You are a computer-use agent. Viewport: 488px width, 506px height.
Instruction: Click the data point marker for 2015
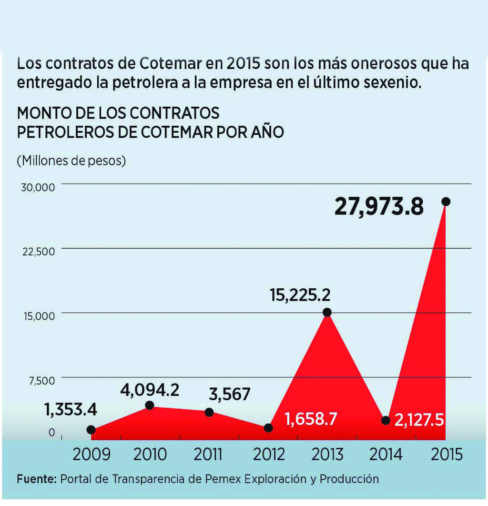click(446, 202)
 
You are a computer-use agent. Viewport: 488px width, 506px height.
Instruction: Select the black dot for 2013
click(327, 312)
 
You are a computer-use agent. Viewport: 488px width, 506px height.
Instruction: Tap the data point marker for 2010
click(149, 405)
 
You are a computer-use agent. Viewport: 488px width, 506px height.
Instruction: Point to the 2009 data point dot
click(91, 430)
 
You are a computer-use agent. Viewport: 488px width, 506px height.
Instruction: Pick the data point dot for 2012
click(268, 428)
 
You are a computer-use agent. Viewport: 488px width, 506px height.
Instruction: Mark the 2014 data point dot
click(386, 420)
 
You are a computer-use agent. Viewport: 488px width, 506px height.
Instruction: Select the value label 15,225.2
click(300, 295)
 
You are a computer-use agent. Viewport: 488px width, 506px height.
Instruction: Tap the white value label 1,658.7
click(311, 419)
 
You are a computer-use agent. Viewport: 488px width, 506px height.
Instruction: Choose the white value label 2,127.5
click(419, 420)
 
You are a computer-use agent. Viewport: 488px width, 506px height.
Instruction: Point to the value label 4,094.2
click(149, 390)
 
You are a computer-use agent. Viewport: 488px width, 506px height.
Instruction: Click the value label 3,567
click(230, 395)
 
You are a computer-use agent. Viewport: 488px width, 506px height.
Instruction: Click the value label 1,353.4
click(71, 409)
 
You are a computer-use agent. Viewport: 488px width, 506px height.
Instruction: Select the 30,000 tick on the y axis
click(38, 187)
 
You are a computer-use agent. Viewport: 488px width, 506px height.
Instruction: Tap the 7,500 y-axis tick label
click(42, 381)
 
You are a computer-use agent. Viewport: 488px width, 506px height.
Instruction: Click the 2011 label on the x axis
click(208, 455)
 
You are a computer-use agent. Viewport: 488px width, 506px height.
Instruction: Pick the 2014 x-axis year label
click(386, 455)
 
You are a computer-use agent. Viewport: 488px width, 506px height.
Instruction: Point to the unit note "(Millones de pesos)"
click(71, 161)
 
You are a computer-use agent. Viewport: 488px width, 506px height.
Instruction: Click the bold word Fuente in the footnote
click(36, 479)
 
